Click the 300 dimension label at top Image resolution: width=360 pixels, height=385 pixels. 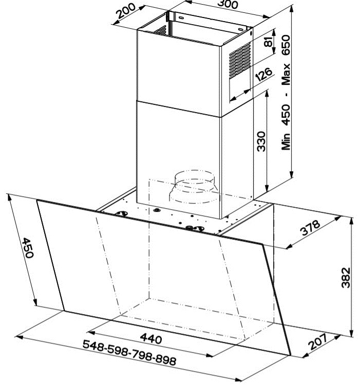click(x=228, y=4)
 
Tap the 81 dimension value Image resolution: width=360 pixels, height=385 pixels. click(x=269, y=42)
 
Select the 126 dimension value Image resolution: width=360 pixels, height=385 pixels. click(x=263, y=74)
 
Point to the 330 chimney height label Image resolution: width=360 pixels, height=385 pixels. click(x=261, y=141)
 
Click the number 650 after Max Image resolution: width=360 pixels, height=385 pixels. click(x=286, y=45)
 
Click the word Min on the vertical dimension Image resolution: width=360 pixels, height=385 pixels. click(x=286, y=142)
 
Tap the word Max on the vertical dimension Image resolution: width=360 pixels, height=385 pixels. click(x=286, y=75)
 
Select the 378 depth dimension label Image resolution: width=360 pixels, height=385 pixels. click(x=310, y=228)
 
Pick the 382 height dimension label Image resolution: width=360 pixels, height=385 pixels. click(x=346, y=278)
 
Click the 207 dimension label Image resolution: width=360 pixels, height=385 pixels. click(x=318, y=341)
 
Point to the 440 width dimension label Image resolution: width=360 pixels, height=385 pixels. click(x=151, y=339)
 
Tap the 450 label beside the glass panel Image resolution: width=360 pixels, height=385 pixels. click(x=27, y=248)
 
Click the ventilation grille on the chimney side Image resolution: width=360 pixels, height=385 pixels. click(x=240, y=61)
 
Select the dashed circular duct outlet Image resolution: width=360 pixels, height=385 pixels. click(x=194, y=187)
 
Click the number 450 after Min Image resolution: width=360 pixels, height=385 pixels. click(x=286, y=115)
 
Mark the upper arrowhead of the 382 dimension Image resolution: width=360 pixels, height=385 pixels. click(x=351, y=221)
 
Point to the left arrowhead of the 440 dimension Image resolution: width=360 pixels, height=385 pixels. click(x=91, y=333)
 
